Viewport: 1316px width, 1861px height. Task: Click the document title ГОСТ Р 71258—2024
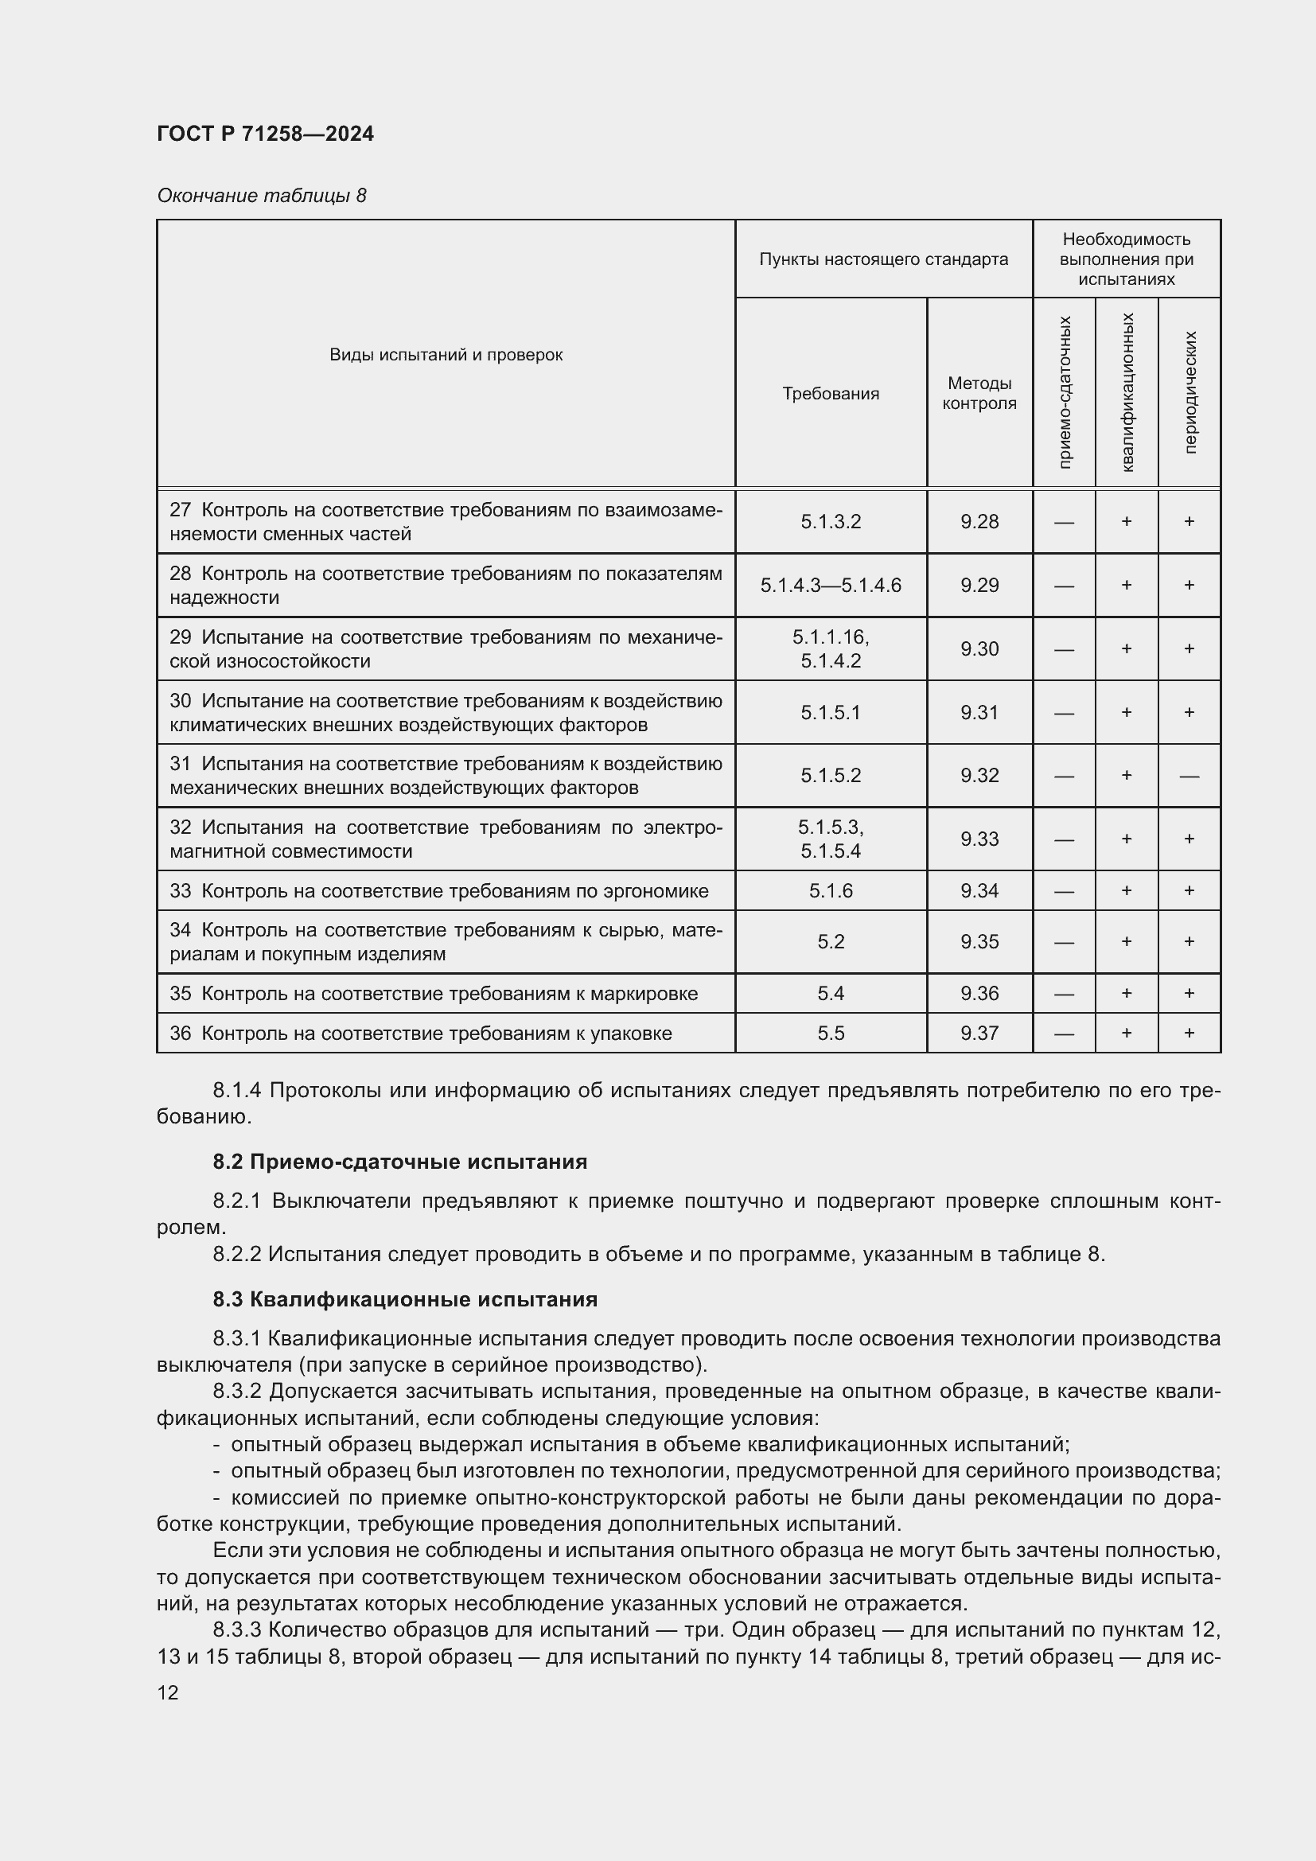click(x=265, y=134)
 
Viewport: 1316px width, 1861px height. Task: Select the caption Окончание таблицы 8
click(x=261, y=196)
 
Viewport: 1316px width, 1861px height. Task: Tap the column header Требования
click(x=831, y=393)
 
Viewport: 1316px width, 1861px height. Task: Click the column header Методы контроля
click(x=979, y=393)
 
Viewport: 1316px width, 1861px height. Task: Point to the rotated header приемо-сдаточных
click(x=1064, y=392)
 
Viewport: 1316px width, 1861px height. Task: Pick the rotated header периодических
click(x=1189, y=392)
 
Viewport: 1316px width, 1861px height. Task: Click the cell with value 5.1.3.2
click(x=831, y=521)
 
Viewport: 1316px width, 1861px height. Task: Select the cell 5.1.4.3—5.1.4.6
click(x=831, y=586)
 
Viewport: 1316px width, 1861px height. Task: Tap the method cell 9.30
click(x=979, y=648)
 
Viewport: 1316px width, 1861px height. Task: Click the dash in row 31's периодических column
click(x=1189, y=776)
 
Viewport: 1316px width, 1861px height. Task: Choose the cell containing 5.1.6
click(x=831, y=891)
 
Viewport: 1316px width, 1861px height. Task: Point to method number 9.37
click(x=979, y=1033)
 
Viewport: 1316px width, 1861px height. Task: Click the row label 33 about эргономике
click(x=438, y=891)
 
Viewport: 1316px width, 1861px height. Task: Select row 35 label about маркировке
click(x=434, y=994)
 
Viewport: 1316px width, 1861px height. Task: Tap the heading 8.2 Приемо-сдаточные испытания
click(x=399, y=1162)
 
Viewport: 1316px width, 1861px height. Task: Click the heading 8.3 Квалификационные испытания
click(x=405, y=1299)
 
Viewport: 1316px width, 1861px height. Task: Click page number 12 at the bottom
click(x=168, y=1692)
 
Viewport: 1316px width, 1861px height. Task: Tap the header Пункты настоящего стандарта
click(x=883, y=259)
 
